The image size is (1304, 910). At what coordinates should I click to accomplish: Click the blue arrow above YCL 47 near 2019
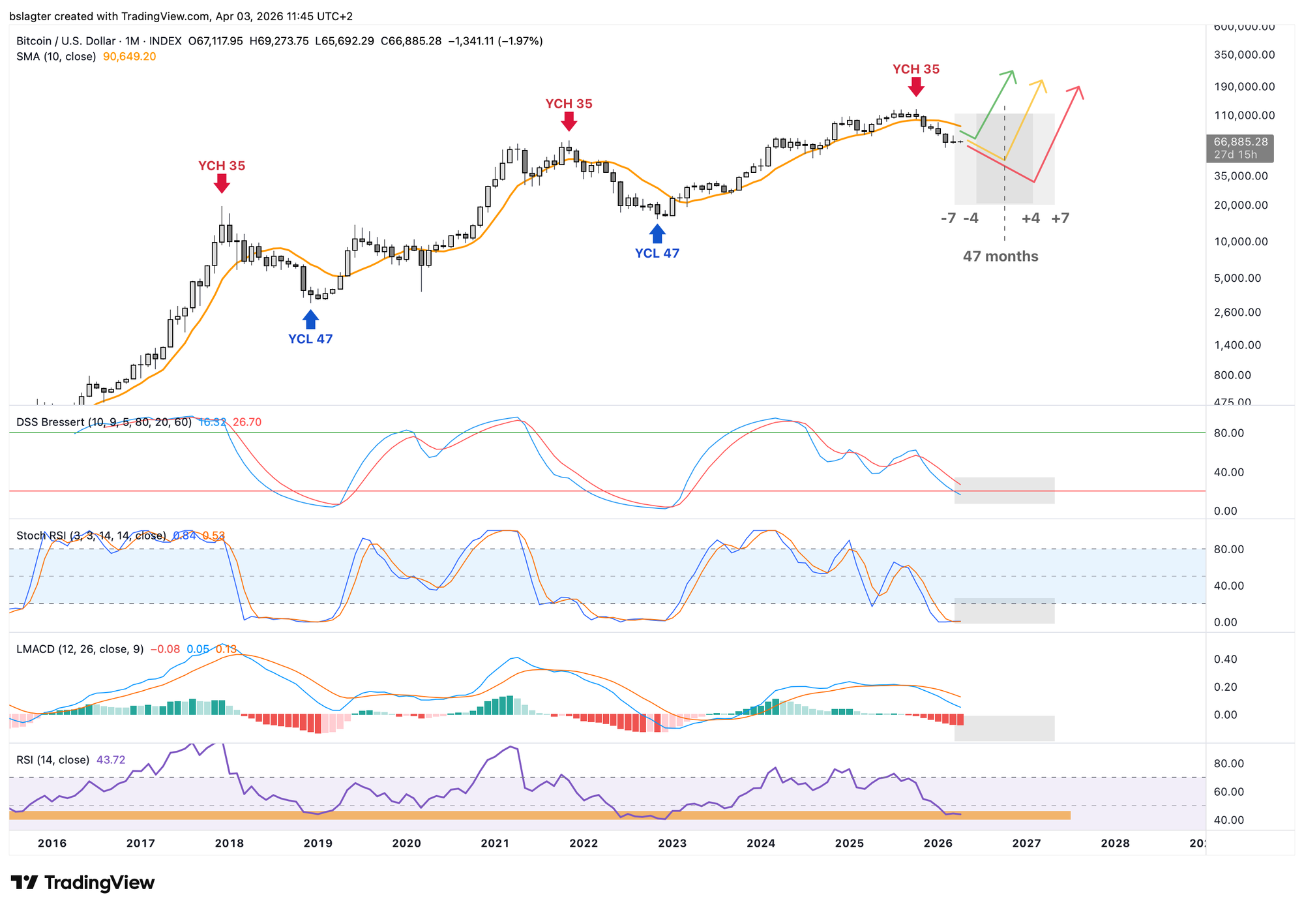311,320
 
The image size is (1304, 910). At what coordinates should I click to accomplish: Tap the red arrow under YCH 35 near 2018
222,184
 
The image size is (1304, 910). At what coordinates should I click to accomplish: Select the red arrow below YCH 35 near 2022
569,121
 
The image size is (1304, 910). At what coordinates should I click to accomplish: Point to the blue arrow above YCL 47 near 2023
657,234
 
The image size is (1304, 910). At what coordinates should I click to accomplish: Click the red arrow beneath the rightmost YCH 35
916,87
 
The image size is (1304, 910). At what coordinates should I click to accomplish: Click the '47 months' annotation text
1000,256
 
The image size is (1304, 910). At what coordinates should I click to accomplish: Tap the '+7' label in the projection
1060,219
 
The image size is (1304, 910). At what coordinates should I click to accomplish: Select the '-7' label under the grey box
948,219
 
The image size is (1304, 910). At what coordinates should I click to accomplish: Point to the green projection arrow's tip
1013,72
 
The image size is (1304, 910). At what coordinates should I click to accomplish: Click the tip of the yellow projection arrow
1042,82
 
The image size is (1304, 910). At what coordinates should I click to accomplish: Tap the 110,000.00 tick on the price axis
1244,115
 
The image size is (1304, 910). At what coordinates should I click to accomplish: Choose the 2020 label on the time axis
406,843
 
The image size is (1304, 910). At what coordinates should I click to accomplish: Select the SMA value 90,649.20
129,57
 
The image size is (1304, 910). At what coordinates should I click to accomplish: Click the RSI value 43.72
111,760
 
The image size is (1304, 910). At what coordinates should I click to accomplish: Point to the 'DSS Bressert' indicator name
50,422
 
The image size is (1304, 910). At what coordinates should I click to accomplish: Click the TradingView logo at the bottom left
83,883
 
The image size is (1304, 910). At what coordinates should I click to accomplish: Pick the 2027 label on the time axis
1026,843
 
